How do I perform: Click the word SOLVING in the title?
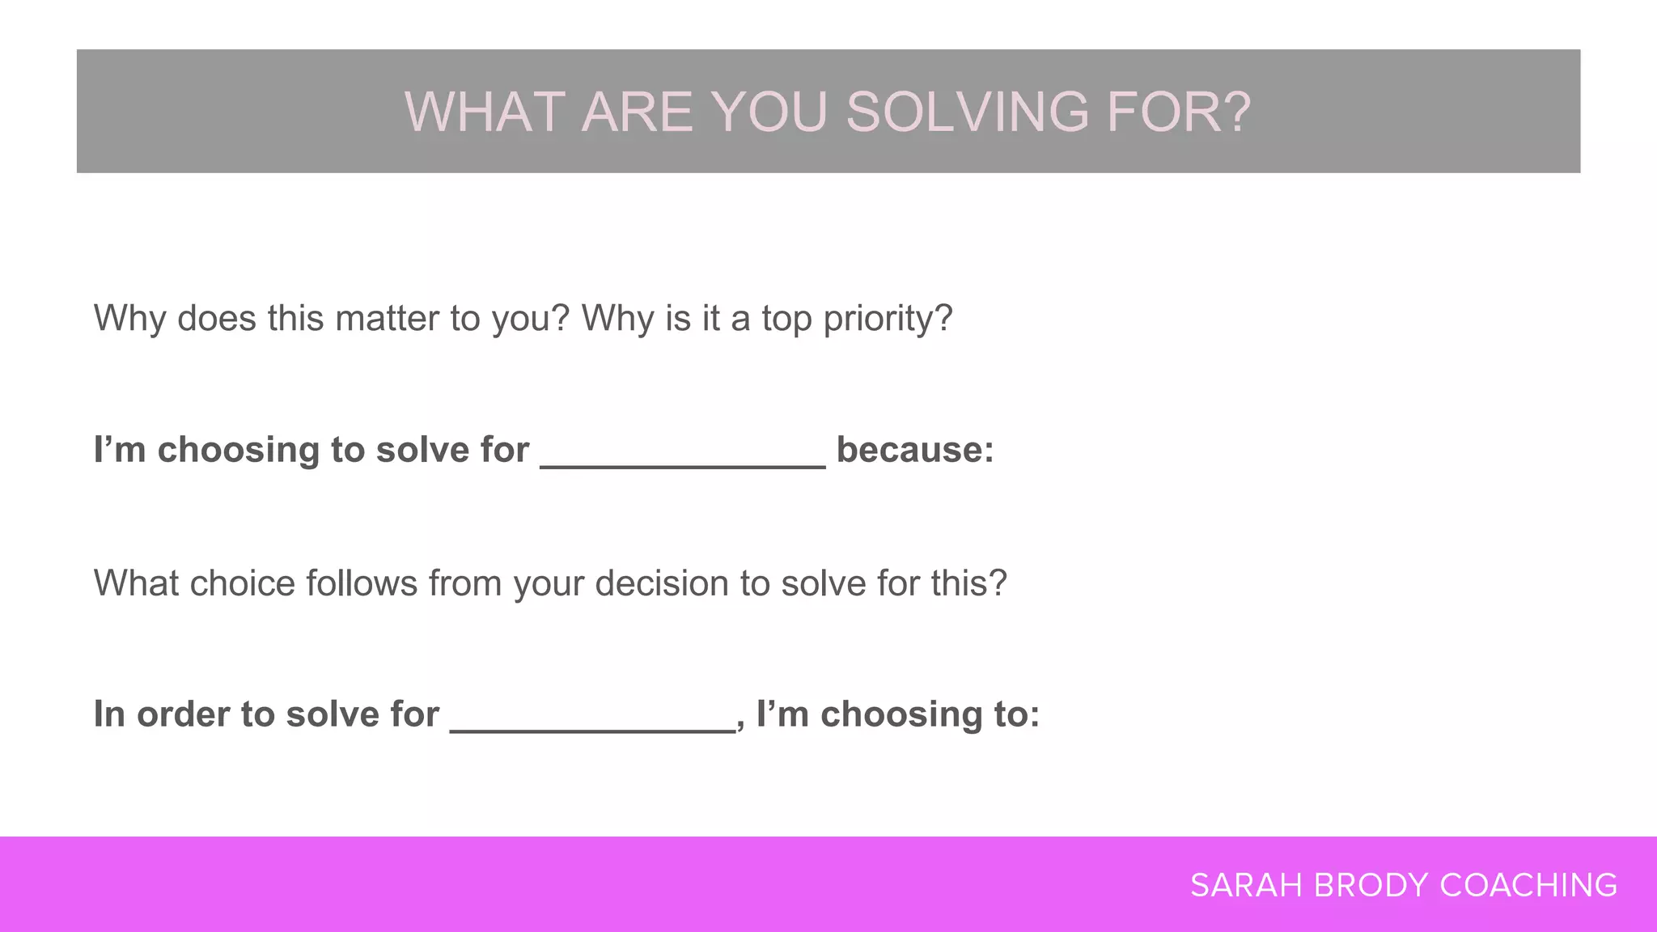pyautogui.click(x=968, y=112)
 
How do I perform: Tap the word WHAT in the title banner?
pyautogui.click(x=485, y=112)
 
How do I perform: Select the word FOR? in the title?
pyautogui.click(x=1178, y=112)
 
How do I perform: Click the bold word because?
pyautogui.click(x=915, y=450)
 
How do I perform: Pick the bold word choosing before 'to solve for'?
pyautogui.click(x=239, y=451)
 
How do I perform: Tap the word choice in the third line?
pyautogui.click(x=243, y=583)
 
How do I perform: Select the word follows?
pyautogui.click(x=362, y=583)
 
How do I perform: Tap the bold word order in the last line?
pyautogui.click(x=183, y=714)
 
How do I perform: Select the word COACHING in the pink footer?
pyautogui.click(x=1528, y=886)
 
